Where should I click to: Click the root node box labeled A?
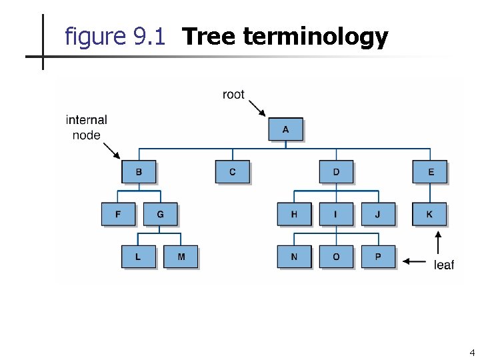tap(285, 129)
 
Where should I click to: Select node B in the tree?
tap(139, 172)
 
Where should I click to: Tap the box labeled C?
tap(232, 172)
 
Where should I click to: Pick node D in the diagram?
tap(336, 172)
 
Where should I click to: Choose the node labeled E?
tap(430, 172)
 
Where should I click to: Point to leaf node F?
tap(118, 214)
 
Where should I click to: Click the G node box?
tap(160, 214)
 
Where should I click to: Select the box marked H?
tap(294, 214)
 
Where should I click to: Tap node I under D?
tap(336, 214)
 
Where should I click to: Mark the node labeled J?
tap(378, 214)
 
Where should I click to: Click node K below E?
tap(430, 214)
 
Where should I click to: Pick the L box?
tap(139, 257)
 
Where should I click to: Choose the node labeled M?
tap(181, 257)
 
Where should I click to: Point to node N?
tap(294, 257)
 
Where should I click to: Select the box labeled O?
tap(336, 257)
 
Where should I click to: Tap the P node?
tap(378, 257)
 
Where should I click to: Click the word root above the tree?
tap(233, 95)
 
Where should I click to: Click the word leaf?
tap(443, 265)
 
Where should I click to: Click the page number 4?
tap(472, 353)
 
